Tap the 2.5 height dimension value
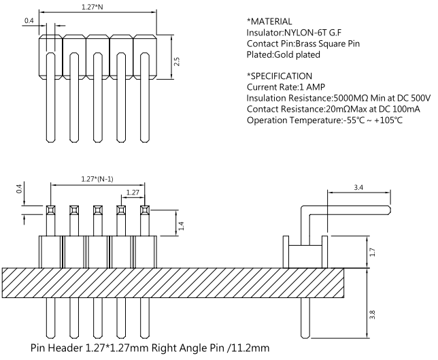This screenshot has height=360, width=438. tap(176, 61)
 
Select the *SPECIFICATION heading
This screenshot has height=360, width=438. tap(280, 76)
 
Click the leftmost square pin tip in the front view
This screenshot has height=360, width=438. tap(50, 209)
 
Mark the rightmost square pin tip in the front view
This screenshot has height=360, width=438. tap(144, 209)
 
